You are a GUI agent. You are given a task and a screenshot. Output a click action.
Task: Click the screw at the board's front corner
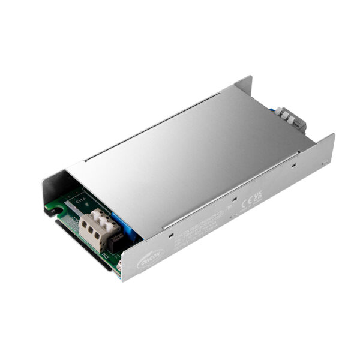(120, 262)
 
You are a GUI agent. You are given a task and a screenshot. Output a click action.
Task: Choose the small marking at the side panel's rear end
(325, 162)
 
